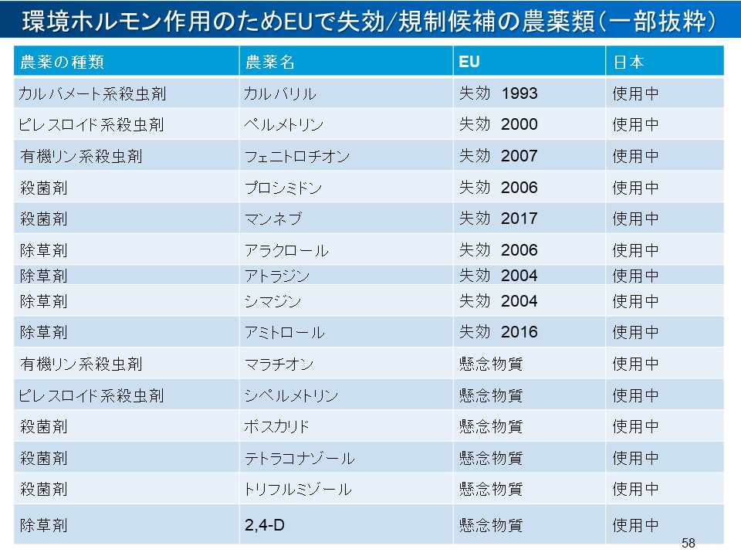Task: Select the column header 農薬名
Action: click(x=269, y=62)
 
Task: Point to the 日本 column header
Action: click(x=628, y=62)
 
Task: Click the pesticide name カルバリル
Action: click(x=279, y=93)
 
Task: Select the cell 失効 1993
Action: click(x=498, y=93)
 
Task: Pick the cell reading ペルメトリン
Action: click(x=283, y=124)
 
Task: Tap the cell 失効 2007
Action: click(x=498, y=156)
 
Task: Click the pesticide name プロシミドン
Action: click(x=283, y=188)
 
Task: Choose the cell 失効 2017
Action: click(x=498, y=219)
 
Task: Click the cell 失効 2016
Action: click(x=498, y=332)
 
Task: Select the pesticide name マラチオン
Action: click(x=279, y=363)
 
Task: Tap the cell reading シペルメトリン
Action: click(x=291, y=395)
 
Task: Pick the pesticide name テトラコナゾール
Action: click(x=299, y=458)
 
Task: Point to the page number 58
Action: click(x=689, y=543)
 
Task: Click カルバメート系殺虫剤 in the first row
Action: click(x=93, y=93)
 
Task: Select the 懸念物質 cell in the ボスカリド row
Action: click(x=491, y=426)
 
